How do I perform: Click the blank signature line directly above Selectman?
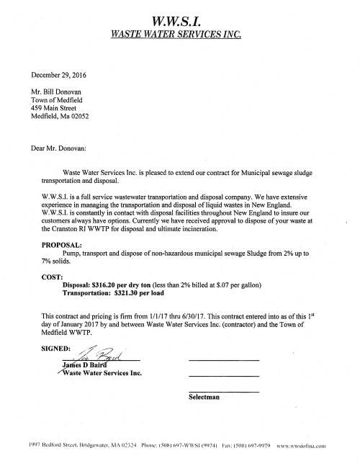click(222, 390)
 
